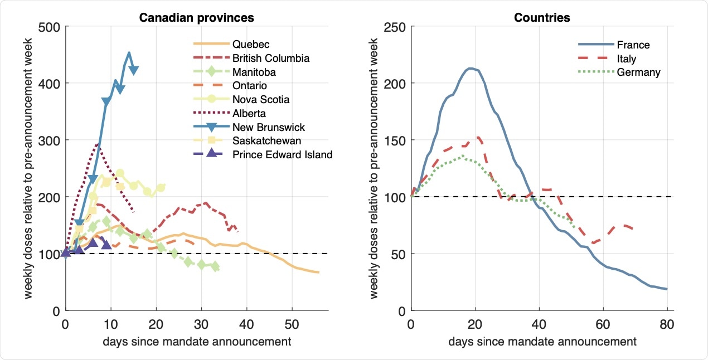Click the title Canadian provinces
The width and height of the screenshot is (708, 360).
tap(196, 18)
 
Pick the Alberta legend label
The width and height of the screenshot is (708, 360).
tap(249, 113)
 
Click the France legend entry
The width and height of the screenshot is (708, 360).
tap(633, 45)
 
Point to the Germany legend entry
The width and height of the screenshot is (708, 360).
tap(639, 72)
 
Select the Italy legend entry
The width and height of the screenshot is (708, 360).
tap(628, 59)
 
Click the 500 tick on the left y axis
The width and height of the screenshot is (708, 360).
tap(50, 27)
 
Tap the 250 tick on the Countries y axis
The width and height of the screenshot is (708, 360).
tap(396, 27)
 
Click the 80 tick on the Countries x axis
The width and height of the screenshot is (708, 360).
tap(667, 323)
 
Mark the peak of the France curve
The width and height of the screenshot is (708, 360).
tap(471, 69)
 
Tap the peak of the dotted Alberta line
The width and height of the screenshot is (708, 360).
tap(98, 144)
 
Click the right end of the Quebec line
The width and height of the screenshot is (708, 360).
tap(318, 272)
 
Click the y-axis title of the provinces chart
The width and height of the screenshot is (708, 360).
tap(28, 168)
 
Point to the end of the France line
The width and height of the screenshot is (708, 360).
tap(667, 289)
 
